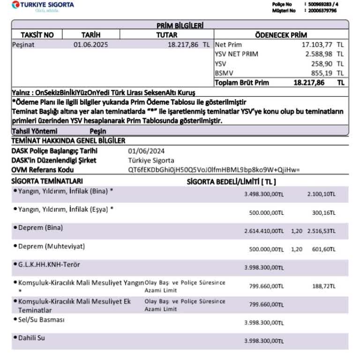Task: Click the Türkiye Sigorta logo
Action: click(x=43, y=6)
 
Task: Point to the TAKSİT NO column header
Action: click(x=37, y=35)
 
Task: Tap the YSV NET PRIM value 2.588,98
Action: click(x=319, y=54)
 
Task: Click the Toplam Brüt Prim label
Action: click(x=242, y=82)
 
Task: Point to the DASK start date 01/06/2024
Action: click(x=146, y=151)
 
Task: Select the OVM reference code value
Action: click(x=214, y=169)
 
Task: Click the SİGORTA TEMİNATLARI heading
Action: click(x=47, y=181)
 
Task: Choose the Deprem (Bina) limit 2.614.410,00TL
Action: click(x=264, y=231)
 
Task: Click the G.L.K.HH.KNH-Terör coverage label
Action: click(x=49, y=264)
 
